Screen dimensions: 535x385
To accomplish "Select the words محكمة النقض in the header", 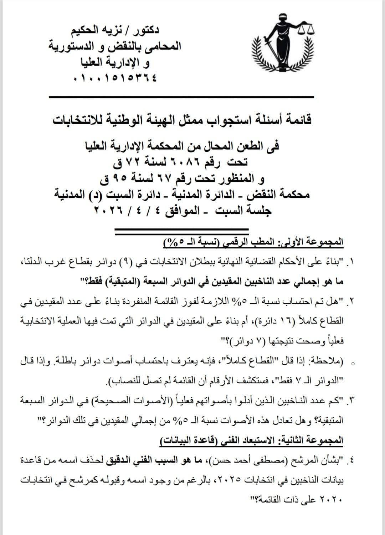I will click(291, 194).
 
